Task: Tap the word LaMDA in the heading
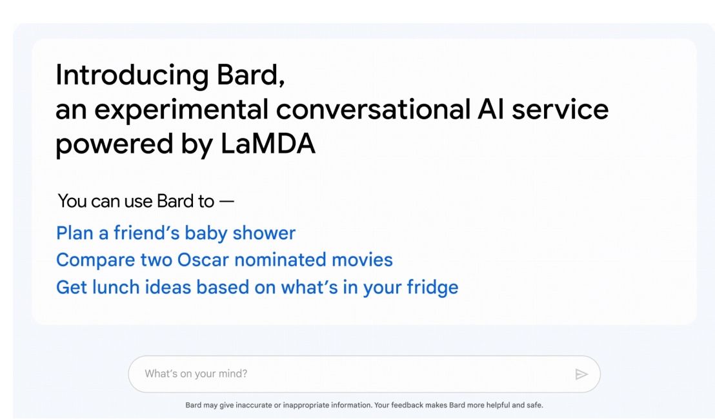coord(268,144)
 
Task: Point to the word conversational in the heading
coord(373,110)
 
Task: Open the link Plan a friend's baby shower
coord(176,233)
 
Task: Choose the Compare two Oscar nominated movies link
coord(224,260)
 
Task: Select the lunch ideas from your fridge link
coord(257,287)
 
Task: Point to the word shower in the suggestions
coord(268,233)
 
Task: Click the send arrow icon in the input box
coord(581,374)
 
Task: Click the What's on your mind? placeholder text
coord(196,374)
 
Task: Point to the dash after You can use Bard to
coord(227,201)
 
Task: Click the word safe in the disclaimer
coord(535,405)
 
